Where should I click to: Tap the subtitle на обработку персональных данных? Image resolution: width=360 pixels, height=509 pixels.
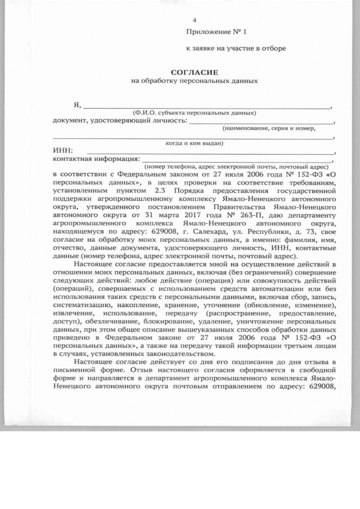click(194, 80)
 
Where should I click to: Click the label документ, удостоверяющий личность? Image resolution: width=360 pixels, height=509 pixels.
click(119, 120)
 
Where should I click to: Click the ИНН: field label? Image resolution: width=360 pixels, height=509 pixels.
click(63, 151)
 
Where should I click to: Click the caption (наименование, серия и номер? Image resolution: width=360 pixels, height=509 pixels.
click(269, 128)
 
